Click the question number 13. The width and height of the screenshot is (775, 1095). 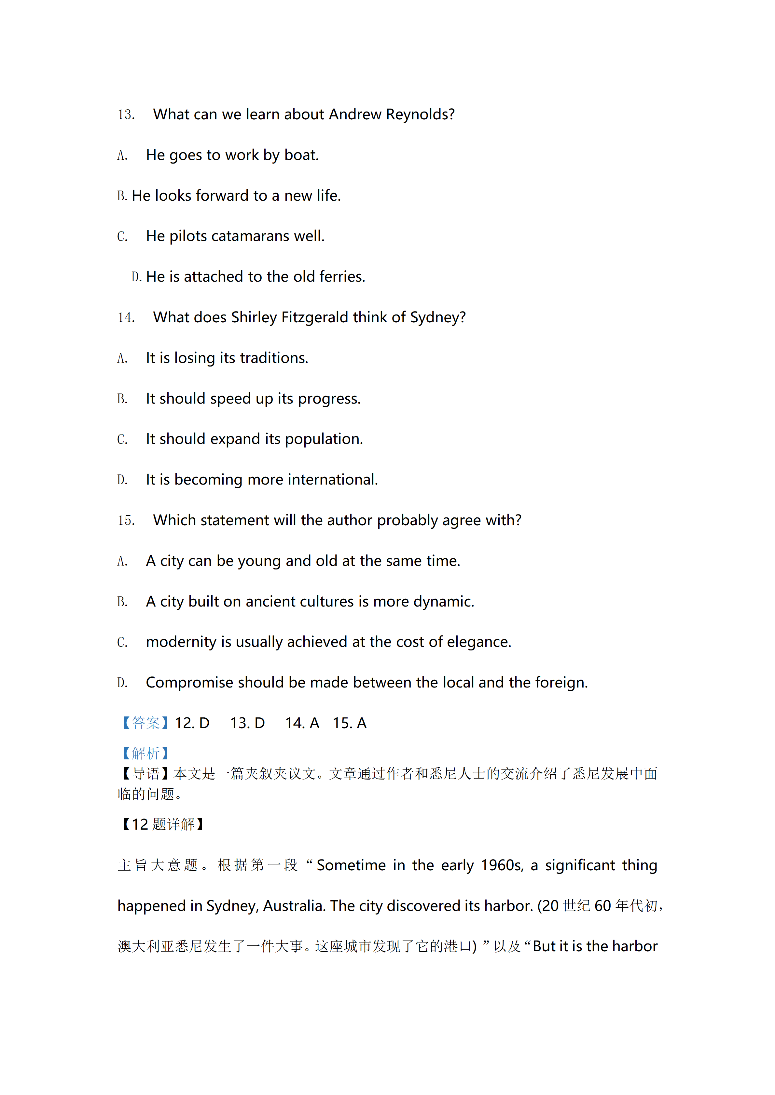tap(126, 115)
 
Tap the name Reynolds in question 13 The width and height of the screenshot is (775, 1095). tap(420, 115)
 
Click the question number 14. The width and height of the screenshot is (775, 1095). tap(126, 318)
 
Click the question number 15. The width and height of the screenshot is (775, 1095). tap(126, 520)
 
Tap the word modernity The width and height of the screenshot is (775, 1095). tap(181, 642)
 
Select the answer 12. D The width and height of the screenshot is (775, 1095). tap(192, 724)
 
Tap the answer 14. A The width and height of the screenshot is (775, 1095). tap(302, 724)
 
